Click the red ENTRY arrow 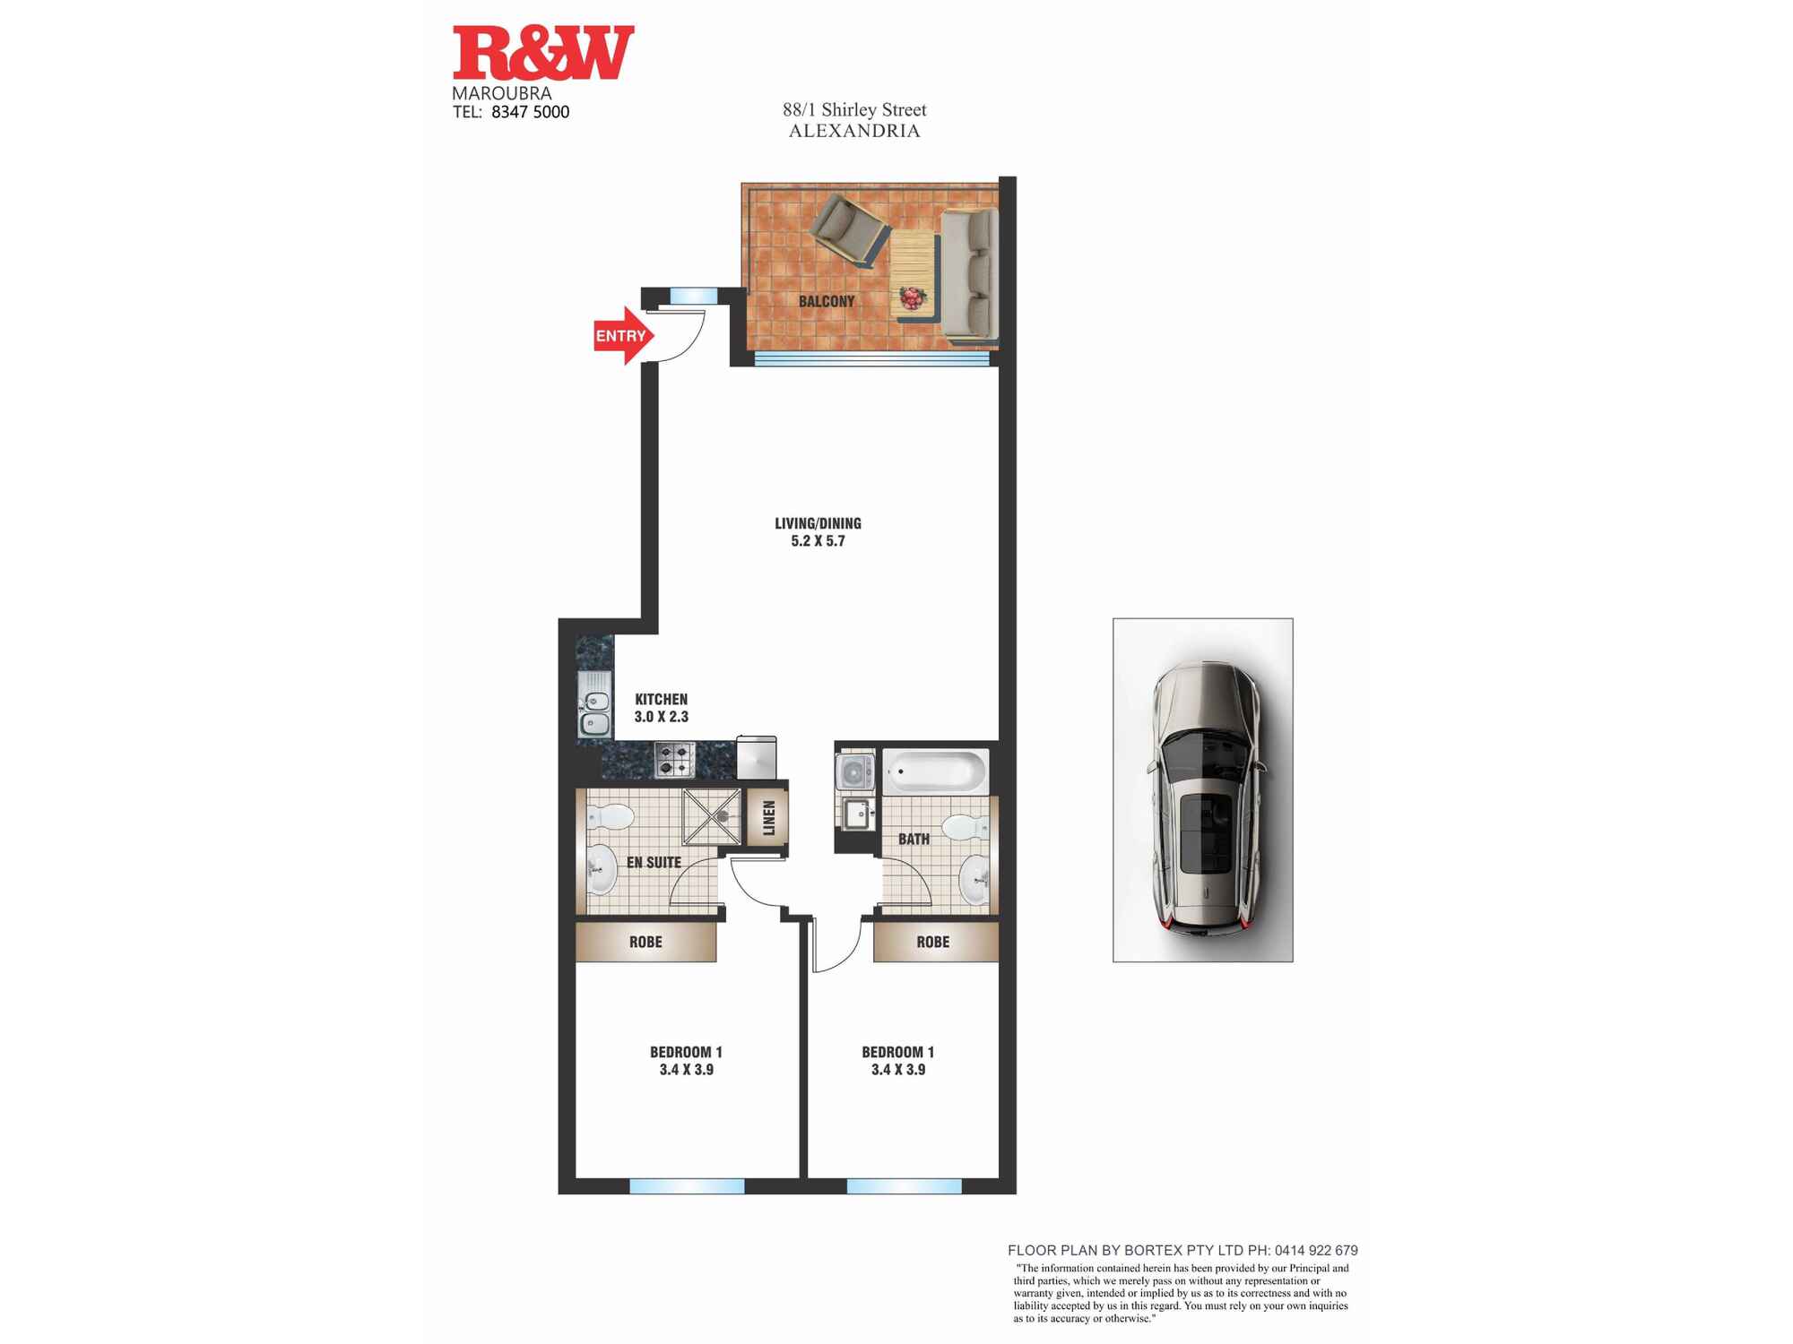[x=624, y=335]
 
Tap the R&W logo [x=543, y=53]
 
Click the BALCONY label [x=827, y=301]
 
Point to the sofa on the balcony [x=969, y=275]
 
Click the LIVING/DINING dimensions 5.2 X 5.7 [x=818, y=541]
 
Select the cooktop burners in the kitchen [x=675, y=760]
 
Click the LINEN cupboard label [x=768, y=817]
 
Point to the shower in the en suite [x=712, y=816]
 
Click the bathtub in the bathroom [x=936, y=771]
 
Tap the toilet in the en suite [x=610, y=816]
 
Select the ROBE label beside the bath [x=932, y=942]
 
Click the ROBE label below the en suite [x=645, y=942]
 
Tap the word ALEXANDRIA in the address [x=854, y=131]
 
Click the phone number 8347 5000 [x=531, y=112]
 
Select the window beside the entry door [x=694, y=296]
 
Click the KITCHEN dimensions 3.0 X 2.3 [x=662, y=717]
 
